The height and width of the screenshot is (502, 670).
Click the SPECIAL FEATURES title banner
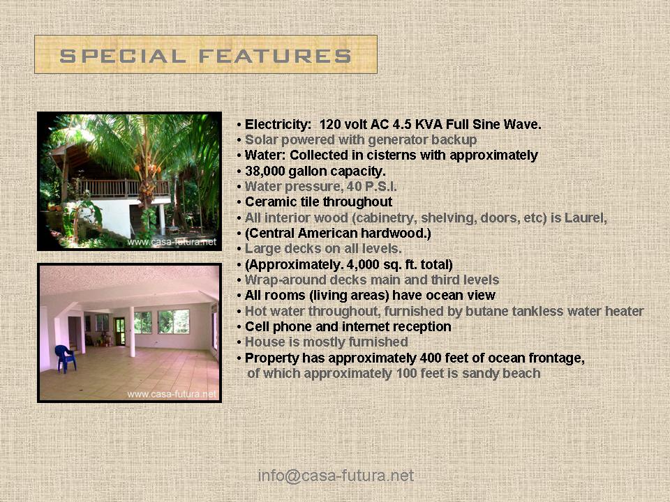[205, 55]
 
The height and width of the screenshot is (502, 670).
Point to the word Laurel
[585, 218]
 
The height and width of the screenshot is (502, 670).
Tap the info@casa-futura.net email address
[336, 476]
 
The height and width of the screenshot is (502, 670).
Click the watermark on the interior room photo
[172, 394]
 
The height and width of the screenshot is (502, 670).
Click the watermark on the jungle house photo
[172, 243]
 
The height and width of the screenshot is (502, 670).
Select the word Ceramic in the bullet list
[269, 202]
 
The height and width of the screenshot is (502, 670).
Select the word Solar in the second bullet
[260, 140]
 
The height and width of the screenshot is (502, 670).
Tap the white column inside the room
[131, 331]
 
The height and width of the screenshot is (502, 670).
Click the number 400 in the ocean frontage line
[431, 358]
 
